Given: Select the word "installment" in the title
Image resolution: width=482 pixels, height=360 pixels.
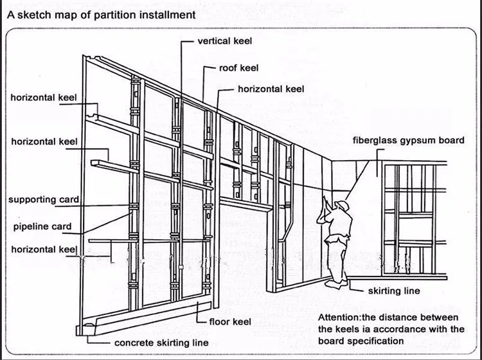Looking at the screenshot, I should [163, 14].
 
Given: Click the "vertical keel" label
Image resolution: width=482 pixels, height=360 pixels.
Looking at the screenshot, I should [224, 41].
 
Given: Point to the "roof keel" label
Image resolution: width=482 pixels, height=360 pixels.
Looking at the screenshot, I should [239, 67].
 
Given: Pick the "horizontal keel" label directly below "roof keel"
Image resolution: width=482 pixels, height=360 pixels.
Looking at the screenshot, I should [271, 89].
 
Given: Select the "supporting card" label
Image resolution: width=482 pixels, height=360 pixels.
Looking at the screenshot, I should [43, 199].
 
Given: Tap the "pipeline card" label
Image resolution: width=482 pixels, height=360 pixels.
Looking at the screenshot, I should [42, 227].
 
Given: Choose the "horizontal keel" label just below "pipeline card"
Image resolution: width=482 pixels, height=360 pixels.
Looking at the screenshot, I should [43, 249].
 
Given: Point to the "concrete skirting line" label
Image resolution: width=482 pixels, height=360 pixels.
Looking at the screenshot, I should [161, 343].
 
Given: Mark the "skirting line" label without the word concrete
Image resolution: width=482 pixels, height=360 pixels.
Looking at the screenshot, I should [394, 291].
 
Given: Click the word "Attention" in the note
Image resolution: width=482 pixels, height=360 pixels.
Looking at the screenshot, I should [339, 318].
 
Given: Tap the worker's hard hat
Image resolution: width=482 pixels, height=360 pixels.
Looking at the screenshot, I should [344, 206].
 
